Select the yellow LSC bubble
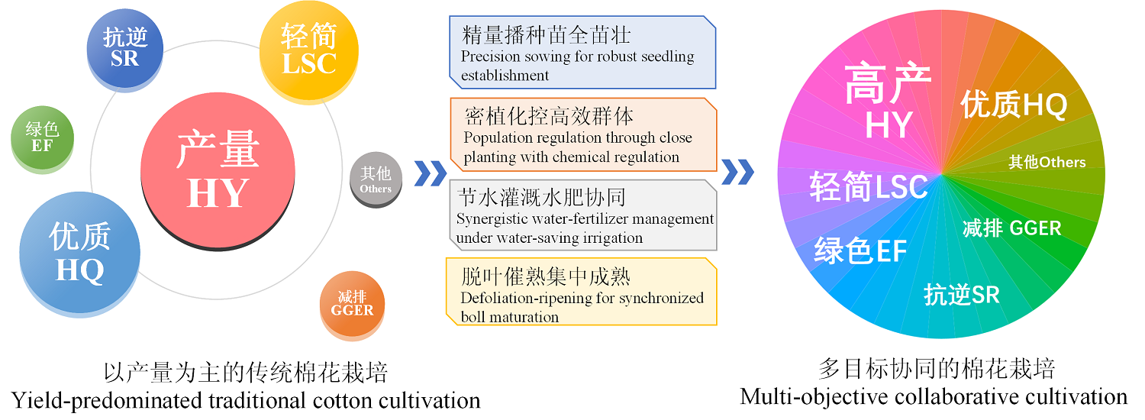tap(308, 52)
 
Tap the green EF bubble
tap(43, 139)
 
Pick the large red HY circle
tap(218, 171)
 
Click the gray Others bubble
tap(376, 179)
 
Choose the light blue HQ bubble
tap(79, 254)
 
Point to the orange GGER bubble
tap(352, 305)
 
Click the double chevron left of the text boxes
tap(431, 173)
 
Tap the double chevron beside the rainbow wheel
tap(737, 172)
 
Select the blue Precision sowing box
tap(582, 52)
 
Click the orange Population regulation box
tap(583, 134)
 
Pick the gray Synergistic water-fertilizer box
tap(582, 215)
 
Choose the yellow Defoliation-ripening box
tap(581, 292)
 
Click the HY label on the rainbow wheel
tap(889, 124)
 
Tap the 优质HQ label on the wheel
tap(1014, 105)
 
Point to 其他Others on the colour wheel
tap(1047, 162)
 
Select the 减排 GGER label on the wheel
tap(1012, 228)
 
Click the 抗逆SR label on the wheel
tap(962, 295)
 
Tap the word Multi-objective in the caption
tap(813, 397)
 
